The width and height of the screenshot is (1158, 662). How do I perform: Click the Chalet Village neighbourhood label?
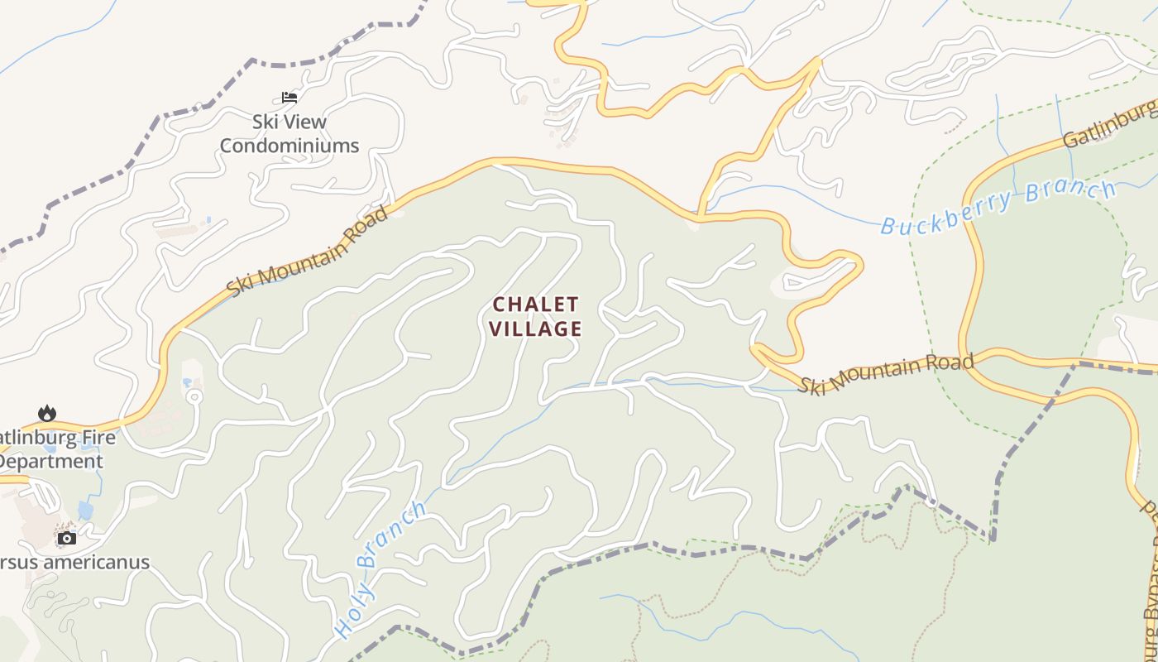coord(535,317)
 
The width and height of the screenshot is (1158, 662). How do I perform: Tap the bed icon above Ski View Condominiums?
coord(289,98)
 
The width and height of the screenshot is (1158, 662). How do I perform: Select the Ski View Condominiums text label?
coord(289,134)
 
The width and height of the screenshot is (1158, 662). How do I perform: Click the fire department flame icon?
coord(47,413)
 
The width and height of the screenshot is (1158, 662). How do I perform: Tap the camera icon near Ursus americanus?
coord(67,538)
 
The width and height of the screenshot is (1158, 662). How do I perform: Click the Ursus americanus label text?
coord(74,562)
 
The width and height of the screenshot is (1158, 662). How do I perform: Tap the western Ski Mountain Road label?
coord(308,252)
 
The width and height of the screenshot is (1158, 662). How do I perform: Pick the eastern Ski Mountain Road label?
coord(885,374)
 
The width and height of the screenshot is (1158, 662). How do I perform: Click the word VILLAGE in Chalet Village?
coord(535,329)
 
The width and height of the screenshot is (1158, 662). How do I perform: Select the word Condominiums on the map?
coord(289,146)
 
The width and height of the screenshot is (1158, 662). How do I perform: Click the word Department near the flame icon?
coord(52,461)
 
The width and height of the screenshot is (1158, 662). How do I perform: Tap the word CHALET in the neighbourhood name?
coord(535,305)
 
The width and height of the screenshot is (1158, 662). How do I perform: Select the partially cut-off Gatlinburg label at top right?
coord(1108,127)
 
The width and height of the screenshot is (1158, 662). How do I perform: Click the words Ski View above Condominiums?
coord(289,122)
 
